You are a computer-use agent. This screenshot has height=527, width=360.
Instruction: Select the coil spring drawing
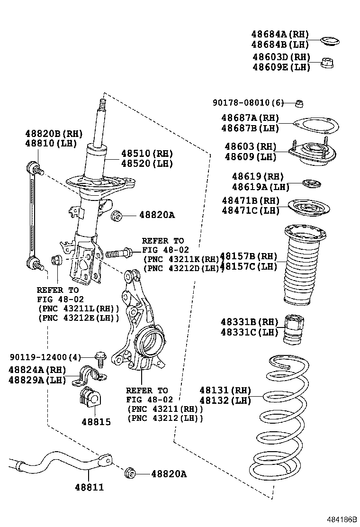point(279,417)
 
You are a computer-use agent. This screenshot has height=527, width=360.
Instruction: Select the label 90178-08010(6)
point(247,103)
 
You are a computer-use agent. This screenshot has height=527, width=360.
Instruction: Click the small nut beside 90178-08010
point(299,103)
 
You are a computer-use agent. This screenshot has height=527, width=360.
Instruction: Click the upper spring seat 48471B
point(309,208)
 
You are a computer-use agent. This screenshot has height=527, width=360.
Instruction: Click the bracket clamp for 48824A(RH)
point(90,375)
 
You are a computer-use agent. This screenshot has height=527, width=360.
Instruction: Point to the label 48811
point(89,487)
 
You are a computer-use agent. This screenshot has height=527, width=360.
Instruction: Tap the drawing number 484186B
point(340,520)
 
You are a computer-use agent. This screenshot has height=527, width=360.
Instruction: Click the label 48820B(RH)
point(54,134)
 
